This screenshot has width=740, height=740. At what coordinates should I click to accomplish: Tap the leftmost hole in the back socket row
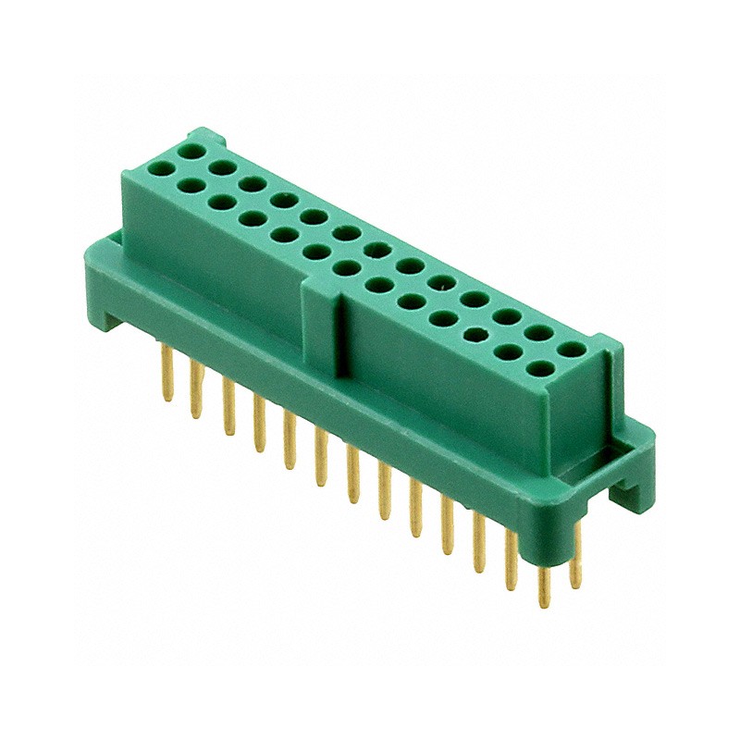tap(193, 151)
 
